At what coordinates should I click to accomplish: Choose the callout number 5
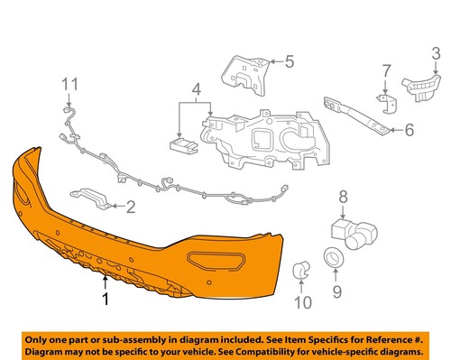tap(290, 61)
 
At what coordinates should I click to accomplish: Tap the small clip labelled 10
tap(302, 267)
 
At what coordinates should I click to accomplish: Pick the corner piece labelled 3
tap(419, 85)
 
